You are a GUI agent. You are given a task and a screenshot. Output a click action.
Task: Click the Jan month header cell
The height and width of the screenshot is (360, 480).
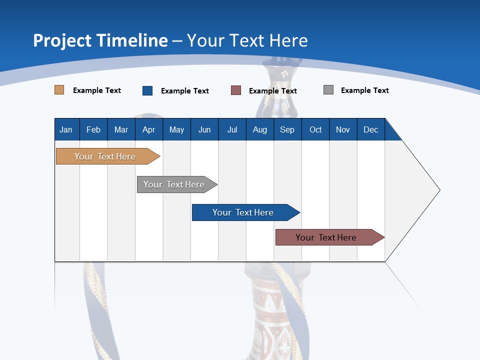click(66, 129)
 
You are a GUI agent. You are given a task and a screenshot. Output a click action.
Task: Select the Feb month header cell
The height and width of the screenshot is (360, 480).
click(93, 129)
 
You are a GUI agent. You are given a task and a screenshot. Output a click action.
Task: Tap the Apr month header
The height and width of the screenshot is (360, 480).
click(149, 129)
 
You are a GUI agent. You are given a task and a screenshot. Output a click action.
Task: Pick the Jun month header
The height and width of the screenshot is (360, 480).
click(204, 129)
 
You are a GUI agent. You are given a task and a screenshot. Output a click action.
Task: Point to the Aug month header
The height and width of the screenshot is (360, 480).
click(260, 129)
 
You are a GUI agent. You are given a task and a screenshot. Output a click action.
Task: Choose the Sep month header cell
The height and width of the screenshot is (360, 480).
click(287, 129)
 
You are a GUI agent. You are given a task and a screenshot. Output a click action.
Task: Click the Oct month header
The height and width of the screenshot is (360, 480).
click(315, 129)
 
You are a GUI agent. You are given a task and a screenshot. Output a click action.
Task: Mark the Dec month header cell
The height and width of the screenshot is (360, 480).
click(371, 129)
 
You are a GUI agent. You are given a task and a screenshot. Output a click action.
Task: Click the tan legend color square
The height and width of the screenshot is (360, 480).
click(59, 90)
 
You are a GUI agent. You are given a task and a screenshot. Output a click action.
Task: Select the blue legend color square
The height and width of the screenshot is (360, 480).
click(147, 90)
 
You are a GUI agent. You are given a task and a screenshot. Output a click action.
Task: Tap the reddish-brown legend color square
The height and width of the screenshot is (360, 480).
click(236, 90)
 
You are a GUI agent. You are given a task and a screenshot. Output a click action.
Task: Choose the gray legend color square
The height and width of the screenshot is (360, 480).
click(328, 90)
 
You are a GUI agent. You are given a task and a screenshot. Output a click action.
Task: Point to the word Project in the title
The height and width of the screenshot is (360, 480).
click(62, 40)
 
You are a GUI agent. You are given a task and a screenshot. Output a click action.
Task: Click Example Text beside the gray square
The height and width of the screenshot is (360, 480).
click(364, 90)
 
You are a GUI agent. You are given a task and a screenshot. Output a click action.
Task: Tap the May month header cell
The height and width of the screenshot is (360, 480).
click(176, 129)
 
